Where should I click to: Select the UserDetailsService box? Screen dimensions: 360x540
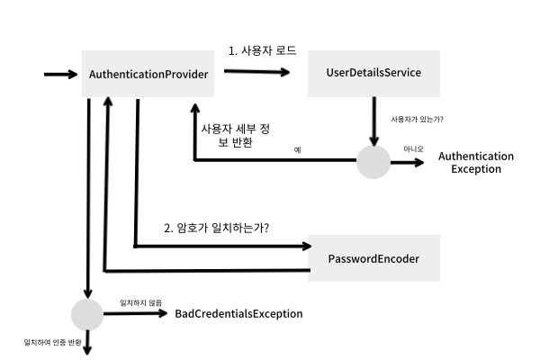pyautogui.click(x=373, y=73)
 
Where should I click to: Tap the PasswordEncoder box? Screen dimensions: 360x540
pyautogui.click(x=373, y=258)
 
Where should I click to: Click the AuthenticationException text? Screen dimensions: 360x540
pyautogui.click(x=475, y=163)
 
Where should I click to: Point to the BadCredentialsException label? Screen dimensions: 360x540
pyautogui.click(x=238, y=314)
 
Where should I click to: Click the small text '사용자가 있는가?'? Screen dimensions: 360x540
pyautogui.click(x=417, y=119)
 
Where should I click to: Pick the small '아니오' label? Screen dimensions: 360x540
pyautogui.click(x=413, y=150)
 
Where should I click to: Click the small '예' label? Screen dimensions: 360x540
pyautogui.click(x=297, y=149)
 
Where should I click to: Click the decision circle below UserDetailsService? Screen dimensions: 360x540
pyautogui.click(x=373, y=163)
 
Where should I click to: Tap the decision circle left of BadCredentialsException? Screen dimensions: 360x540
pyautogui.click(x=87, y=314)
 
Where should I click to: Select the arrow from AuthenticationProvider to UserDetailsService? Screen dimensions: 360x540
pyautogui.click(x=256, y=73)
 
